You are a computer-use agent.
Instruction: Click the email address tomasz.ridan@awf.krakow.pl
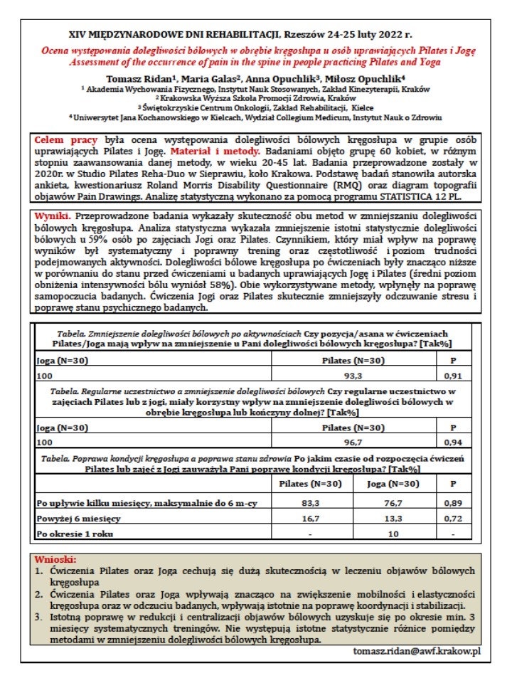coord(422,652)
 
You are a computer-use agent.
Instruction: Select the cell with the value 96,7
coord(353,442)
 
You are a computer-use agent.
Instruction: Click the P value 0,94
coord(454,442)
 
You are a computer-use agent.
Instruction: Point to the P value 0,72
coord(454,519)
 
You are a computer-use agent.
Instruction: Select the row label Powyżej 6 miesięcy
coord(78,519)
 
